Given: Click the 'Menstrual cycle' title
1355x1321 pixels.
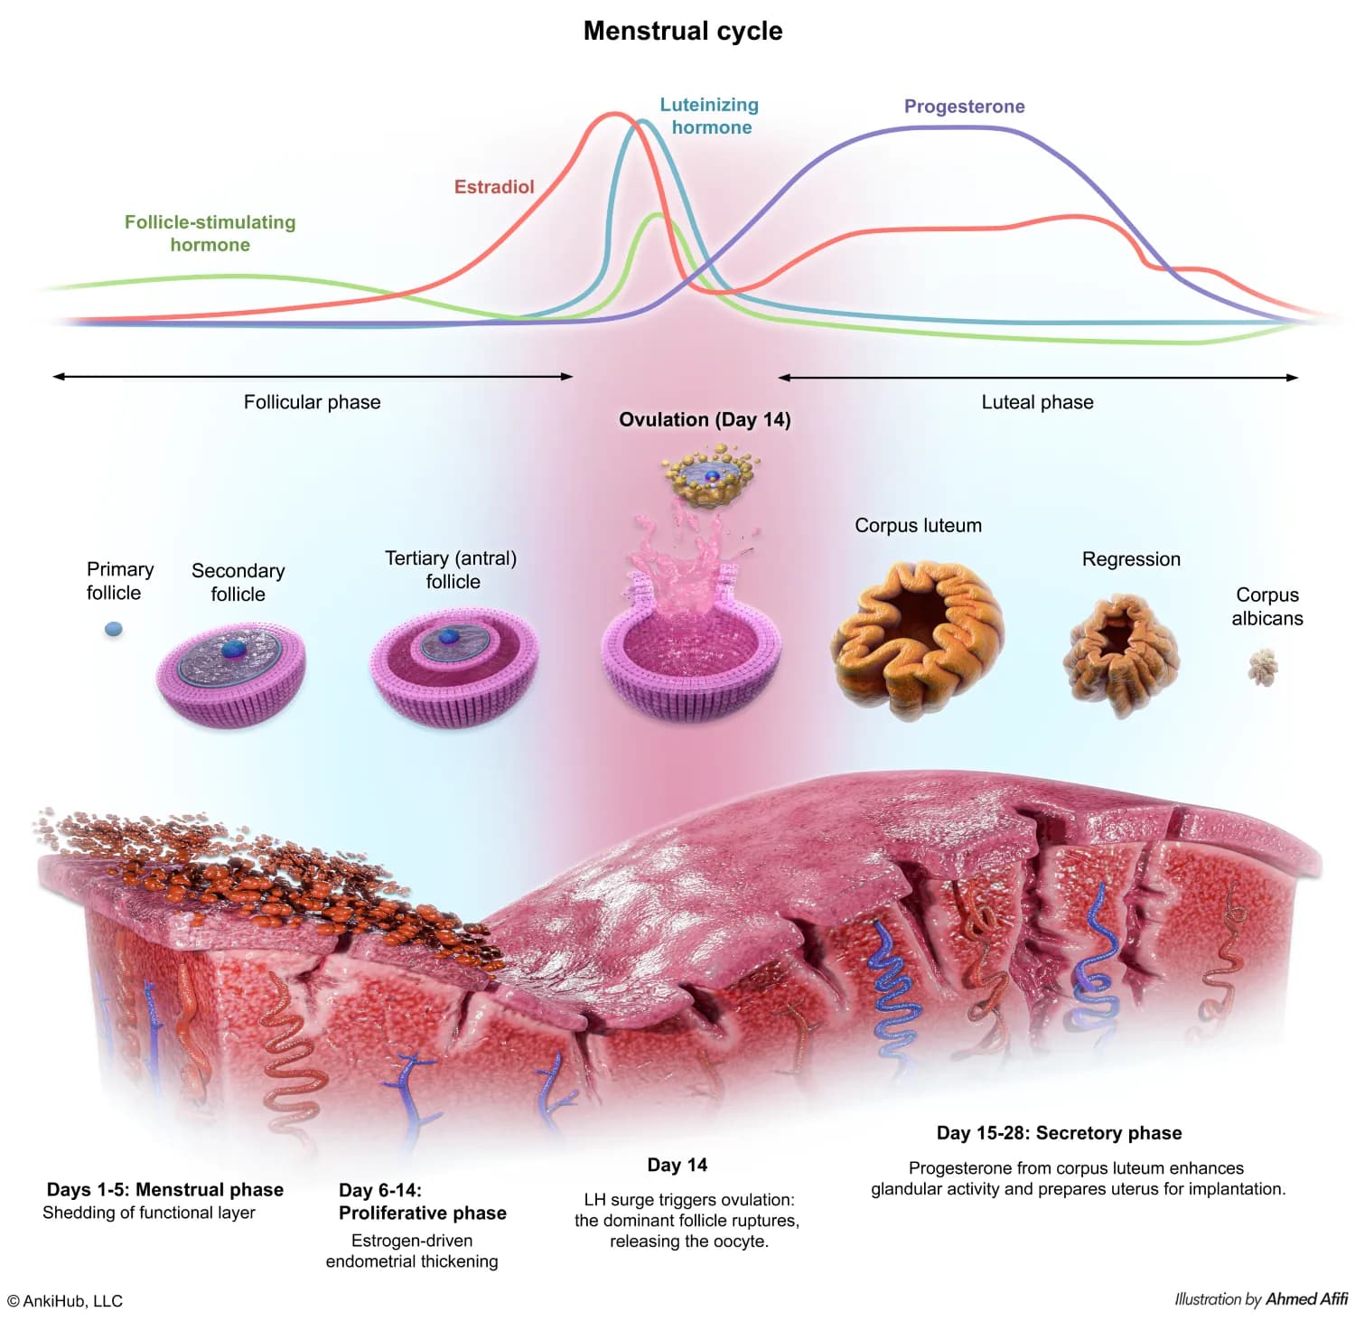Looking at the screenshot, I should click(x=683, y=31).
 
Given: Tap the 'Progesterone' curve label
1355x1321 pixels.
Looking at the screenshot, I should click(x=964, y=107).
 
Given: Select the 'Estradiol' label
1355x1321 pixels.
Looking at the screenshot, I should click(x=494, y=187).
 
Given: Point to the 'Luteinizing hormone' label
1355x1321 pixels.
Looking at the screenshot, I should click(x=709, y=116).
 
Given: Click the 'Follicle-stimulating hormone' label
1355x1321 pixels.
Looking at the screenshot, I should click(x=210, y=233).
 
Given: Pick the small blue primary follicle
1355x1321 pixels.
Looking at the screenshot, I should click(x=114, y=629).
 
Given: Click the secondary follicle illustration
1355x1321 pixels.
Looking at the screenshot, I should click(x=231, y=673).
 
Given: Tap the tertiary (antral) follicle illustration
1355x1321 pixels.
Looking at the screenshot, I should click(x=453, y=665).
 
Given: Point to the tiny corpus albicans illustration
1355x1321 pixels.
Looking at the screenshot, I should click(x=1263, y=668).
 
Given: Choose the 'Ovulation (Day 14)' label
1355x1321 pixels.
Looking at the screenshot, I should click(x=705, y=419).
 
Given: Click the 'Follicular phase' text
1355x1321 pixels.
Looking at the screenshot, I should click(x=312, y=402).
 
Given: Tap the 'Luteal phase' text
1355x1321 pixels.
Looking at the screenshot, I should click(x=1037, y=402).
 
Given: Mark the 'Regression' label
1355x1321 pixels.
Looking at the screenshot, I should click(x=1131, y=559).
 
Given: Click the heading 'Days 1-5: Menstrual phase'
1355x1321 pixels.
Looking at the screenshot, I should click(x=165, y=1190).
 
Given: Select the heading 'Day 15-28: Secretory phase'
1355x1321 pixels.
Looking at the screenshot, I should click(x=1059, y=1133).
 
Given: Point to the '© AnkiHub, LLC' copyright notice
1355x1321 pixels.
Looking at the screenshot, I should click(x=65, y=1301).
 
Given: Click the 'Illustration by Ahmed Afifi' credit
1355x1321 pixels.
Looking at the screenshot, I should click(x=1261, y=1299).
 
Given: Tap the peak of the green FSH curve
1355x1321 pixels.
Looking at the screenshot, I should click(x=659, y=215).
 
